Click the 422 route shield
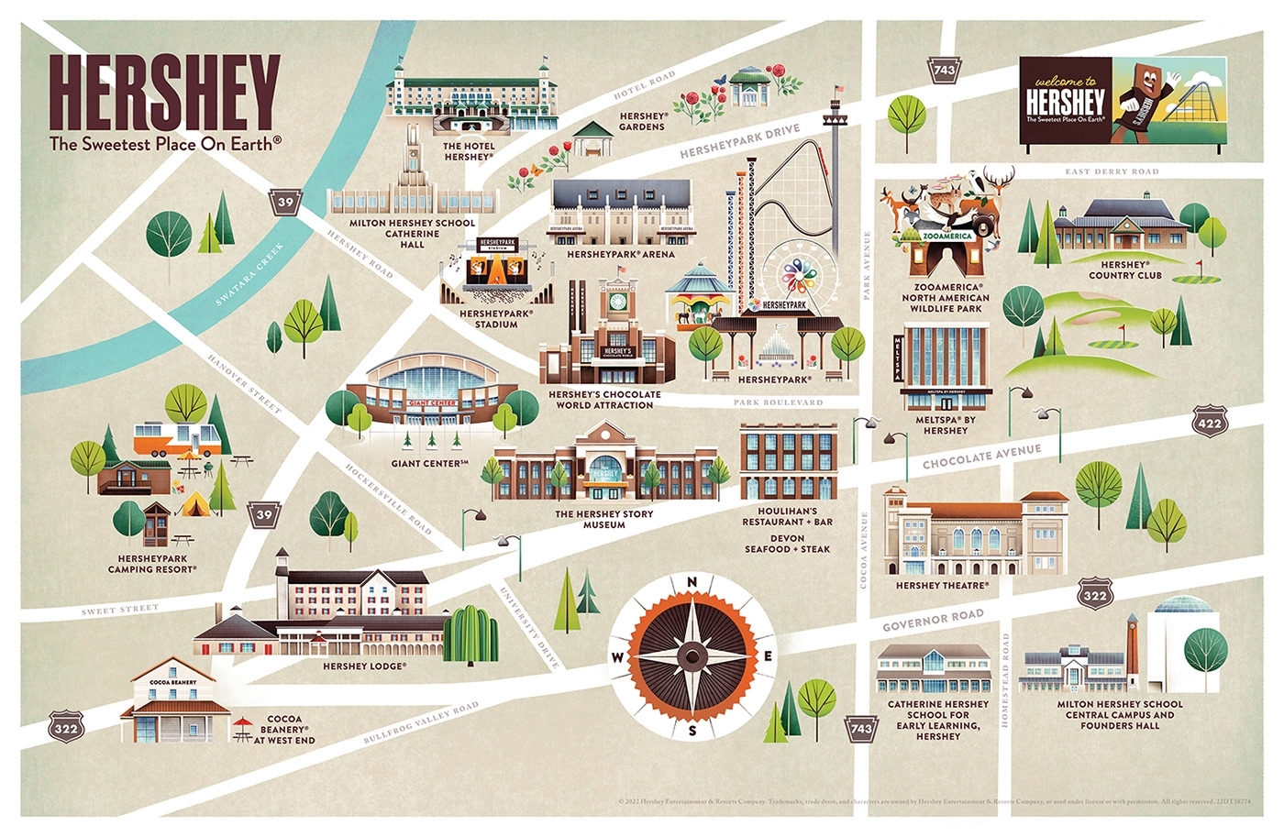(1210, 423)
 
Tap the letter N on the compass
(692, 581)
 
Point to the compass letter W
(617, 657)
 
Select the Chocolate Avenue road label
(981, 457)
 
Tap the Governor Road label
(933, 621)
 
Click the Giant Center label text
(429, 464)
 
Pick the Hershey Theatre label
(942, 586)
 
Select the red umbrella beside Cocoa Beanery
(242, 725)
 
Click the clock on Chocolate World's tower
(617, 300)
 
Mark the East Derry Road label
(1112, 171)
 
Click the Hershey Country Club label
(1124, 270)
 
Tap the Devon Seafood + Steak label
(787, 544)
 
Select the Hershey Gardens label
(642, 121)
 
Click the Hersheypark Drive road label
(739, 142)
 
